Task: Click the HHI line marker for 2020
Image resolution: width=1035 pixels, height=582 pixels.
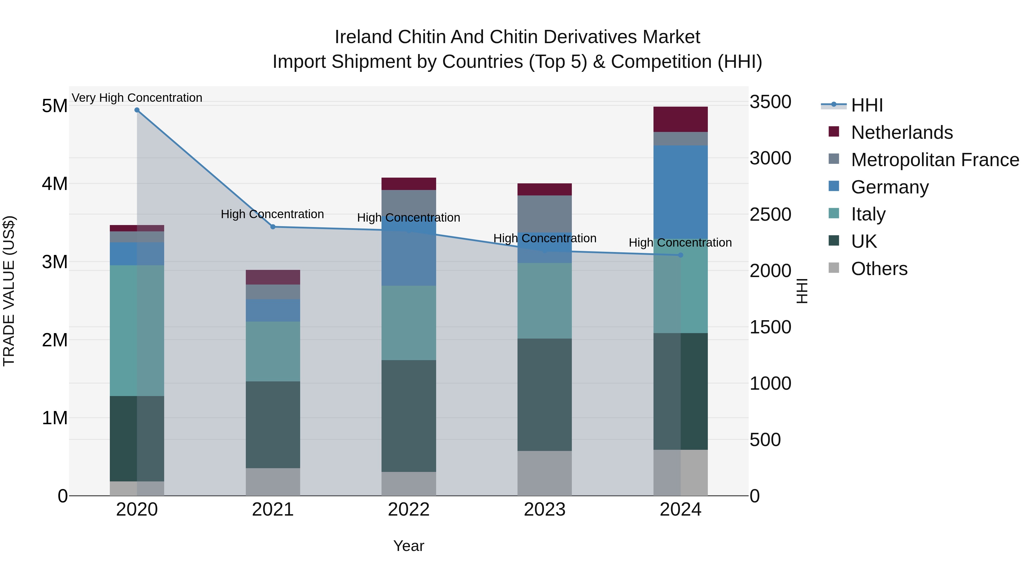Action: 137,110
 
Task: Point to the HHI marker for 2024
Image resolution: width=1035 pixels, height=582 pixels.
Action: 681,255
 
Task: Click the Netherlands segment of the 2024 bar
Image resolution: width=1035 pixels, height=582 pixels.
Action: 681,119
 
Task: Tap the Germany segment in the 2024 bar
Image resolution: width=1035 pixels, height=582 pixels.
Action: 681,192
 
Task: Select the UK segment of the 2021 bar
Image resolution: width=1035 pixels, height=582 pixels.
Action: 273,425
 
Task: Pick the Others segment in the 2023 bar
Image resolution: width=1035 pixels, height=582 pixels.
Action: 545,473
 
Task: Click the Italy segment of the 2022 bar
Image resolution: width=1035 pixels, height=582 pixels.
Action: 409,323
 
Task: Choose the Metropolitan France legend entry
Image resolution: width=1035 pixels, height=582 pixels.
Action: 935,160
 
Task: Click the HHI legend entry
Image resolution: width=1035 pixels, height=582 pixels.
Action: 867,105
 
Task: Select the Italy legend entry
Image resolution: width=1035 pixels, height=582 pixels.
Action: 868,214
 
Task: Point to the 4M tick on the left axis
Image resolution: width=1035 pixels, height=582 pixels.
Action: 55,184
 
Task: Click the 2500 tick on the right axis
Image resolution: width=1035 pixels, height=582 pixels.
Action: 770,214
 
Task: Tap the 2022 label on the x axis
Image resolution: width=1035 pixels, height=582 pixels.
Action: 409,510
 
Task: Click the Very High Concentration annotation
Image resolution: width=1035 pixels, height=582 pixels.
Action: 137,98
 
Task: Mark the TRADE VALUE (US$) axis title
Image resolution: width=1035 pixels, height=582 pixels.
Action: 9,291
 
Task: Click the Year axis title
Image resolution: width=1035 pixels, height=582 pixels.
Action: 409,546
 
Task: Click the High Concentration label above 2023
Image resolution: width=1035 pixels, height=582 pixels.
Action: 545,238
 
